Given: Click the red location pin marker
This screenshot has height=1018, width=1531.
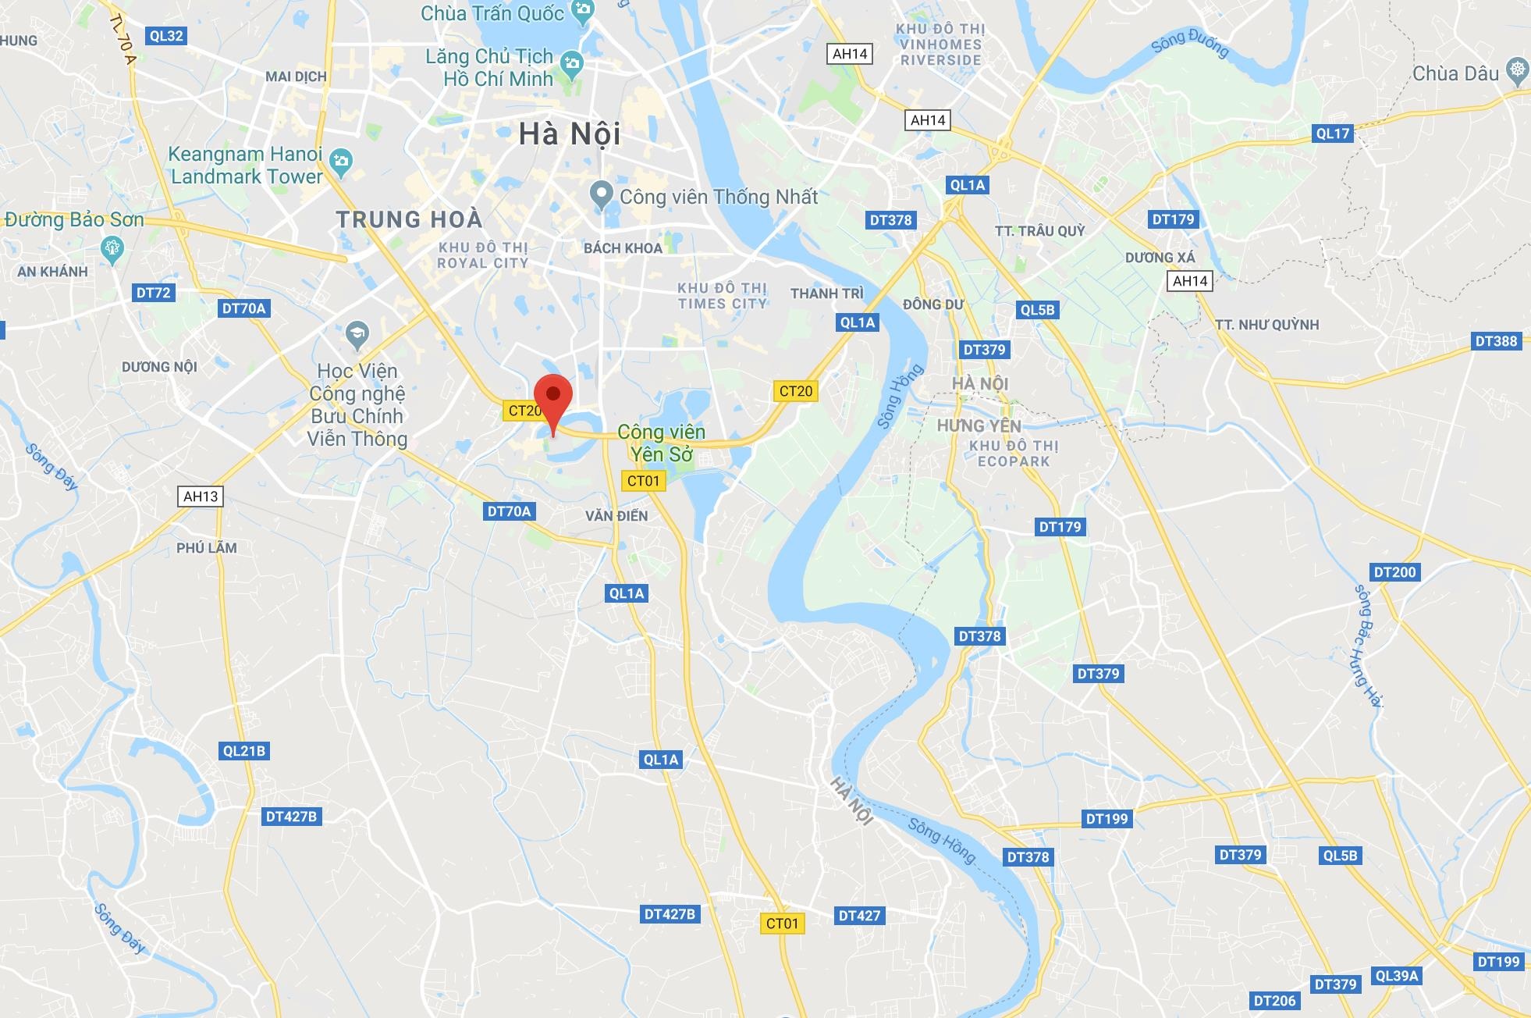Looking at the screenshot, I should click(x=553, y=397).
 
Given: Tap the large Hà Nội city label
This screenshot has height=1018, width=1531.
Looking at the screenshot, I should click(x=570, y=134).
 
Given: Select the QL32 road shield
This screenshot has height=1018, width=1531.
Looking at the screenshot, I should click(x=166, y=36).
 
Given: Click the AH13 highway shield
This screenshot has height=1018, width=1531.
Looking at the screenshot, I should click(x=201, y=497).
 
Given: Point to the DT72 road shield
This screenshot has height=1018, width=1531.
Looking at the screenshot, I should click(x=153, y=293).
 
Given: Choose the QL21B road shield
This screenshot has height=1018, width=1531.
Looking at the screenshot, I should click(x=244, y=751).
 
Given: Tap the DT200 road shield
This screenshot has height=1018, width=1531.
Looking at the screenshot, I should click(x=1394, y=572).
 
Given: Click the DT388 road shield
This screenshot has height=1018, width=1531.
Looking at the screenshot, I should click(x=1496, y=341).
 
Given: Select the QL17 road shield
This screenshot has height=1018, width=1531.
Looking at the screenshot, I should click(x=1332, y=133).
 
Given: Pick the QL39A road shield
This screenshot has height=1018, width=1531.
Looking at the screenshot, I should click(x=1397, y=976).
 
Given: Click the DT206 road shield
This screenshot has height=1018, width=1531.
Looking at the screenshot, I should click(x=1274, y=1001).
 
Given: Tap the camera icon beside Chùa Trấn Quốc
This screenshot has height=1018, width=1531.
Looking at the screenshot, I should click(x=581, y=10).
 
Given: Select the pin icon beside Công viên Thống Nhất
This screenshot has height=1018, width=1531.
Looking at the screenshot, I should click(x=601, y=194).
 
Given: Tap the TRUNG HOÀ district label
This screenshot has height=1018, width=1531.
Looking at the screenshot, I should click(x=410, y=219).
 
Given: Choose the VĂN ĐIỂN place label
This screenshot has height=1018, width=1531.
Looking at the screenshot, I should click(x=616, y=516).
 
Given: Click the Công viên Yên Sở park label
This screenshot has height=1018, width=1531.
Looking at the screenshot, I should click(x=661, y=443).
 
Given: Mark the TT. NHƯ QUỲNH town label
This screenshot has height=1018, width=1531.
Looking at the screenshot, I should click(x=1266, y=325).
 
